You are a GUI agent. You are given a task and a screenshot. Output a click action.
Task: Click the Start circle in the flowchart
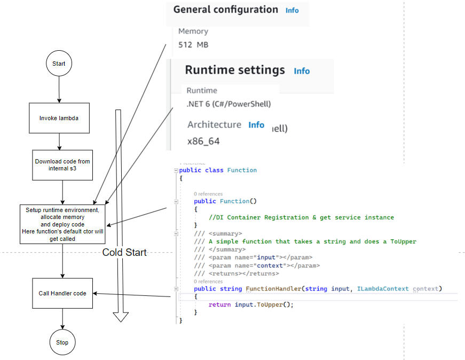pyautogui.click(x=59, y=64)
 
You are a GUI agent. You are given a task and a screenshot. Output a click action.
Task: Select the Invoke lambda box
pyautogui.click(x=59, y=118)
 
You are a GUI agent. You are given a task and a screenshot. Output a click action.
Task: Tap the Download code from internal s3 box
pyautogui.click(x=62, y=165)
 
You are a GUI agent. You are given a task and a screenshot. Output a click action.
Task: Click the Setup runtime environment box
pyautogui.click(x=62, y=224)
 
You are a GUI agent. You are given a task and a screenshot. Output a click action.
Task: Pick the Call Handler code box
pyautogui.click(x=62, y=293)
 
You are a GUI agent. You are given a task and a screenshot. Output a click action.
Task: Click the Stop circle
pyautogui.click(x=62, y=342)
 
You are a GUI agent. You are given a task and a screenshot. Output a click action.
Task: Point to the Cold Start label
pyautogui.click(x=124, y=253)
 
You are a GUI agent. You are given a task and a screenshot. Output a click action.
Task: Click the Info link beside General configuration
pyautogui.click(x=292, y=11)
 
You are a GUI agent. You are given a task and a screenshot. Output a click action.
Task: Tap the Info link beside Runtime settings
pyautogui.click(x=302, y=71)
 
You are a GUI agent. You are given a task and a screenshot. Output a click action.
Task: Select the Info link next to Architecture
pyautogui.click(x=256, y=125)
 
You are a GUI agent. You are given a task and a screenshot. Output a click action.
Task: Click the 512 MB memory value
pyautogui.click(x=193, y=45)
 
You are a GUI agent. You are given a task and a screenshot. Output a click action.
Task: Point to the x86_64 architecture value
pyautogui.click(x=203, y=142)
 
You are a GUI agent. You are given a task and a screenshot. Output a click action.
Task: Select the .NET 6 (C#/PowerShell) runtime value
pyautogui.click(x=228, y=104)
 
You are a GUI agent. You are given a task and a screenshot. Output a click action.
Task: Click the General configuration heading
pyautogui.click(x=225, y=10)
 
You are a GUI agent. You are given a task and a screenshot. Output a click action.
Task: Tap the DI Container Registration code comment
pyautogui.click(x=302, y=217)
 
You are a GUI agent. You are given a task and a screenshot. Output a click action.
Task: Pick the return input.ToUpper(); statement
pyautogui.click(x=251, y=304)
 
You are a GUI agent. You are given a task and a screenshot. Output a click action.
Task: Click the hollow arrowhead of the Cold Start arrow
pyautogui.click(x=121, y=317)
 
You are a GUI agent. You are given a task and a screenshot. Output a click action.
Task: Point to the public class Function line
pyautogui.click(x=218, y=170)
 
